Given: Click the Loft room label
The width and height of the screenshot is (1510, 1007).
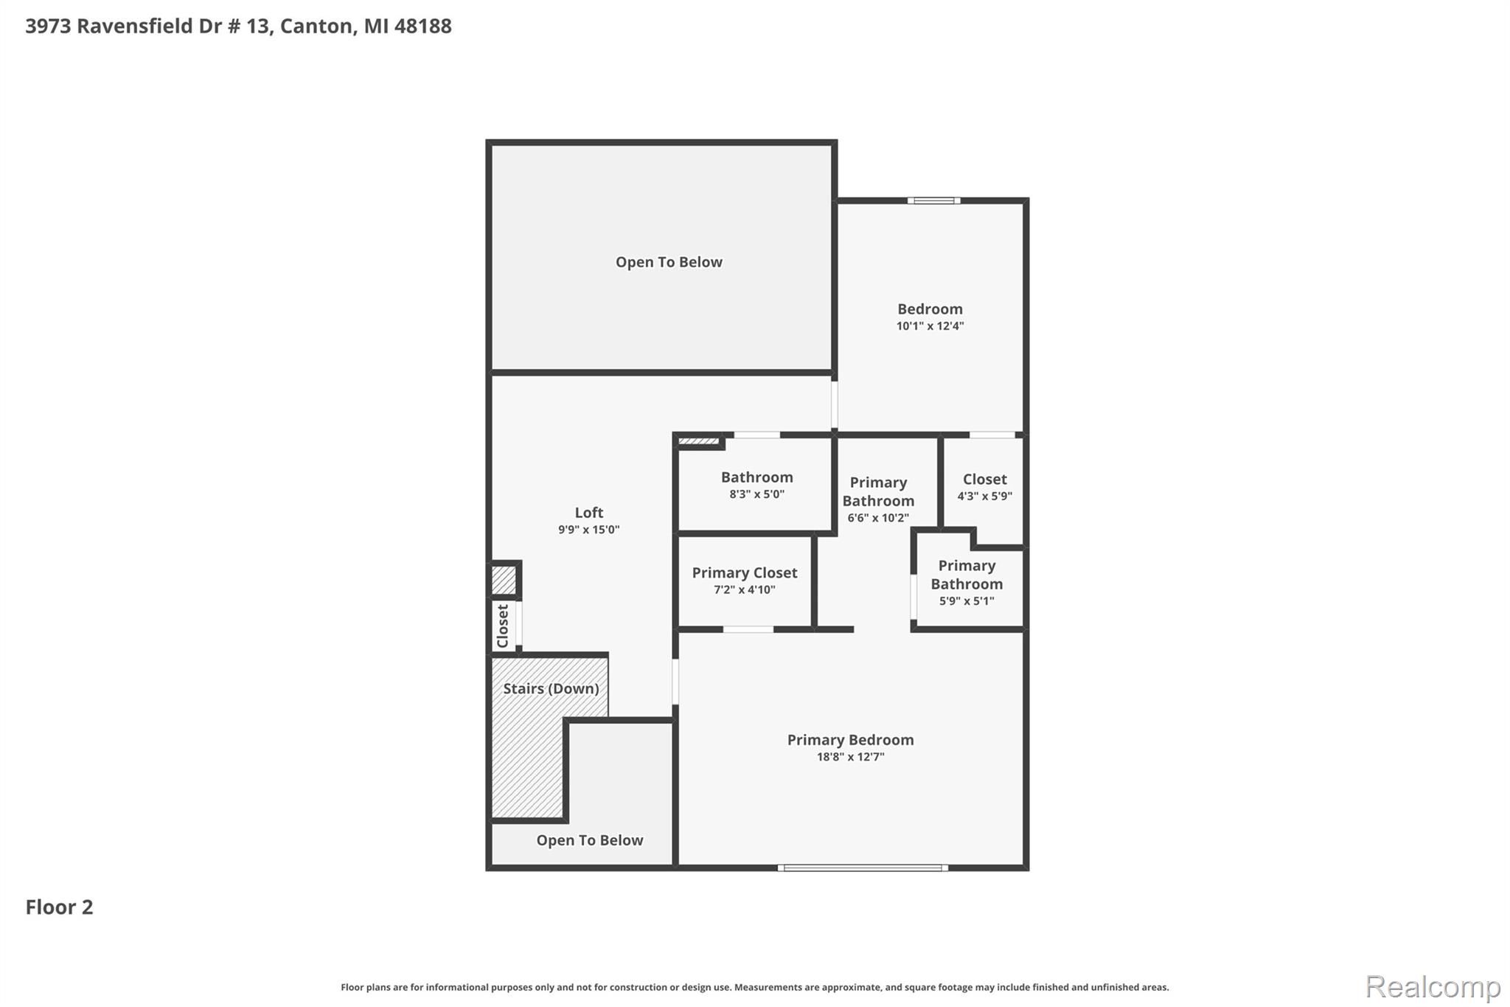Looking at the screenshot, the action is pyautogui.click(x=589, y=513).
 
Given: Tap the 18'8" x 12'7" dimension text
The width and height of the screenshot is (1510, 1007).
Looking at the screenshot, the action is pyautogui.click(x=850, y=757).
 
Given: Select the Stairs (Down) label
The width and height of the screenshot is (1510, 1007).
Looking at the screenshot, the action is pyautogui.click(x=551, y=688).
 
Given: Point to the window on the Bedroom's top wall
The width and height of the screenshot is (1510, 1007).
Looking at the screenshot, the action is pyautogui.click(x=933, y=201).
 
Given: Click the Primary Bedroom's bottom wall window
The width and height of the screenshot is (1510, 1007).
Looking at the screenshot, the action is pyautogui.click(x=863, y=868).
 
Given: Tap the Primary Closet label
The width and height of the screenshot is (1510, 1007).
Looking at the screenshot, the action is pyautogui.click(x=745, y=572).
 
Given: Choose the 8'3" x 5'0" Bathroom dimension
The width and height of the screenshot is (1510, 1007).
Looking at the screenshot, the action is pyautogui.click(x=757, y=494).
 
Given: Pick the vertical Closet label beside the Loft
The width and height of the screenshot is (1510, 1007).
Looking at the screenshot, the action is pyautogui.click(x=503, y=626).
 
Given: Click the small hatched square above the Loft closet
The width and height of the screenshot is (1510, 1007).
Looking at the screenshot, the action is pyautogui.click(x=505, y=580).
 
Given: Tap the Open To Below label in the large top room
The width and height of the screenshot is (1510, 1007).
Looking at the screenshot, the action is pyautogui.click(x=669, y=262).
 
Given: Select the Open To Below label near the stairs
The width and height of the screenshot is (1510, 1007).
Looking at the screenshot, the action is pyautogui.click(x=590, y=840).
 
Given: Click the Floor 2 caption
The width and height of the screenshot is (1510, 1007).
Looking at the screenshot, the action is pyautogui.click(x=60, y=907).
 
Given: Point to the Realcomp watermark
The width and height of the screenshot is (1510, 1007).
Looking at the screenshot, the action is pyautogui.click(x=1433, y=986).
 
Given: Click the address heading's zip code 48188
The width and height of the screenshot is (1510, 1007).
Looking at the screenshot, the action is pyautogui.click(x=422, y=26).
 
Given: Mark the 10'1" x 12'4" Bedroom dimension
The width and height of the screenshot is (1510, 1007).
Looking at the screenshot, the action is pyautogui.click(x=930, y=326).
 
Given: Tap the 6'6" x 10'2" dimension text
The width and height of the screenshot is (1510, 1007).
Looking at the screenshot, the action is pyautogui.click(x=878, y=518).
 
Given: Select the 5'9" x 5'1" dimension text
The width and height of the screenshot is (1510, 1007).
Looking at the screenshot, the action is pyautogui.click(x=967, y=601).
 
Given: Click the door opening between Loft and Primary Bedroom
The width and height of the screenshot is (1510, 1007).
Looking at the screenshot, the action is pyautogui.click(x=675, y=681).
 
